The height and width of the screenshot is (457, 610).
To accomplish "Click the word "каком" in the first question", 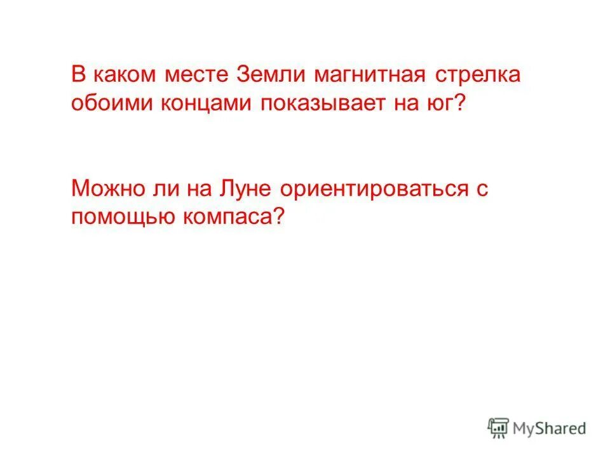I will point(121,75).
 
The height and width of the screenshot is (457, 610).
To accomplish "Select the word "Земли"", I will point(267,75).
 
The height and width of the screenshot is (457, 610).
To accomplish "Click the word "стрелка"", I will point(478,75).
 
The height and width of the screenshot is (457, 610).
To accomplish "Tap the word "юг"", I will point(440,103).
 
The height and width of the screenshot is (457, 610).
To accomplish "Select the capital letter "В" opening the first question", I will point(78,75).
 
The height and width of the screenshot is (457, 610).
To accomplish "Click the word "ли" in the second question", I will point(153,189).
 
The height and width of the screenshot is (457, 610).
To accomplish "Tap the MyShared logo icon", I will point(499,428).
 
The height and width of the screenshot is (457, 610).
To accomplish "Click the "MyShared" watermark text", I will point(550,428).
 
